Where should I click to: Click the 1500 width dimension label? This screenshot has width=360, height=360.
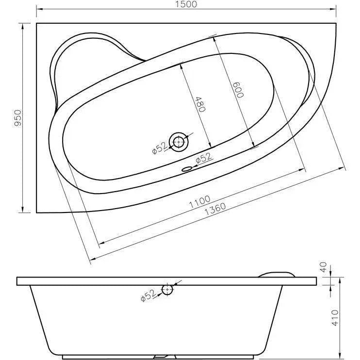[x=186, y=4]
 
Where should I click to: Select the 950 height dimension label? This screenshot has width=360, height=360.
[x=17, y=117]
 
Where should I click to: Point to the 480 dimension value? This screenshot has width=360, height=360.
[x=200, y=104]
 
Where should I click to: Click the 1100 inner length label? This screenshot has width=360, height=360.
[x=199, y=201]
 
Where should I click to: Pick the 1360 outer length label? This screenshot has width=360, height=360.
[x=215, y=209]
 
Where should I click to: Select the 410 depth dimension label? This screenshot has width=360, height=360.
[x=335, y=317]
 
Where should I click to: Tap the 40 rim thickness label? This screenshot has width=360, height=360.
[x=323, y=267]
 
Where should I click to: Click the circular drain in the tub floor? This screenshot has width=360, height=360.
[x=179, y=142]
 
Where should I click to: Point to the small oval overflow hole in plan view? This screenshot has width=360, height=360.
[x=186, y=169]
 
